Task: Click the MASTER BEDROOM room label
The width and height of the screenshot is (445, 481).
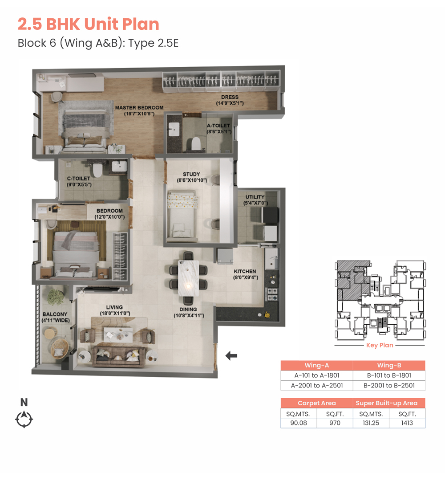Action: [139, 108]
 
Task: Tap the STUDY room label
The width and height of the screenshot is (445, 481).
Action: [191, 174]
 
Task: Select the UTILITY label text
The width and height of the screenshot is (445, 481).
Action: [255, 197]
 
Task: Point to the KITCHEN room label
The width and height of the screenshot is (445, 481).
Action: [245, 272]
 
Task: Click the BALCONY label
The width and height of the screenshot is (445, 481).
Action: [55, 314]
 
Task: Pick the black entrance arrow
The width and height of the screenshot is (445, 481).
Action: [231, 356]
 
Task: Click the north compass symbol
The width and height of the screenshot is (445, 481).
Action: [24, 419]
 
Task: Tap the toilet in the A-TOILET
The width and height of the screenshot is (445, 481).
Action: [196, 144]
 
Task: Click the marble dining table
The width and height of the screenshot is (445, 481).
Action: [188, 278]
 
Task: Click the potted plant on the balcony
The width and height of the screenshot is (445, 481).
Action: [56, 297]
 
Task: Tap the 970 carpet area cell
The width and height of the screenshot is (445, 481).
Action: [335, 423]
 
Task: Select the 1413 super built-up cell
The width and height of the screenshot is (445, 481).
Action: [407, 423]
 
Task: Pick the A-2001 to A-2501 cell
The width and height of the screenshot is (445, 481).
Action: [317, 385]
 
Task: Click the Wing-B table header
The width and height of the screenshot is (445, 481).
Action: [389, 365]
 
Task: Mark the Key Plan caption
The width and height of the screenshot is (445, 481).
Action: [380, 345]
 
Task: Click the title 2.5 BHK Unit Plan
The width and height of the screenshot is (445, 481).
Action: [89, 24]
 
